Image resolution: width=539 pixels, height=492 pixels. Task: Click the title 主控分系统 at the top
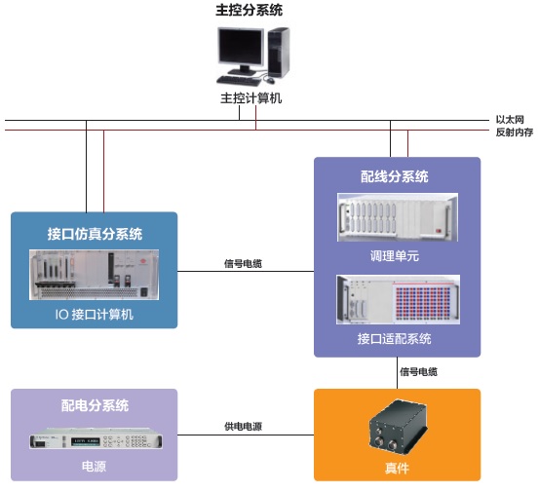pos(249,10)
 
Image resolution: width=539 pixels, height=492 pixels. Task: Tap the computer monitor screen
pos(241,46)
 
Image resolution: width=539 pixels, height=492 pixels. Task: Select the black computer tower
pos(278,53)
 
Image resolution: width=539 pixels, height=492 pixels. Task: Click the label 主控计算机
pos(250,98)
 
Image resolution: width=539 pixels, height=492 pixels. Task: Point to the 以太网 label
pos(510,120)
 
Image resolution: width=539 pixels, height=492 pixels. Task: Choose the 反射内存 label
pos(515,132)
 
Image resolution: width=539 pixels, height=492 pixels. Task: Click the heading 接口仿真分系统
pos(95,234)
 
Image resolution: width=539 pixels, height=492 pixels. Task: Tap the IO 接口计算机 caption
pos(95,314)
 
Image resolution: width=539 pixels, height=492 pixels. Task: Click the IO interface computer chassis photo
pos(95,275)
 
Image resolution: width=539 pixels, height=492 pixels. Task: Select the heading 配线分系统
pos(395,176)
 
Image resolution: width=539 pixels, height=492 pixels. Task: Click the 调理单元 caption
pos(395,255)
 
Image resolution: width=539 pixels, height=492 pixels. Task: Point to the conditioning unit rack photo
pos(398,217)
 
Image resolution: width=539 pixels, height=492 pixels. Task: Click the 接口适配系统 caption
pos(395,338)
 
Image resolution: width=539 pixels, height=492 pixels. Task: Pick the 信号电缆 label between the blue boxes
pos(243,263)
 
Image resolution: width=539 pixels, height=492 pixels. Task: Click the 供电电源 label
pos(243,426)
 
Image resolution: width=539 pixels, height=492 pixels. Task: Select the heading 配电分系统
pos(95,405)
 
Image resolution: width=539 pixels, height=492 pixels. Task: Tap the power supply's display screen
pos(86,441)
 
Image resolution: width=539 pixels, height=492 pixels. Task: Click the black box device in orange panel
pos(398,426)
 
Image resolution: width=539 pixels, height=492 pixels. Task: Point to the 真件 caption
pos(397,468)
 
